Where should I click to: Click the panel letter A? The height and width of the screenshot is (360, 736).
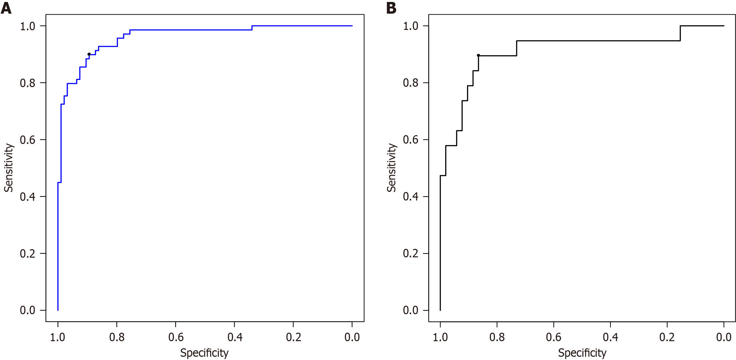tap(6, 8)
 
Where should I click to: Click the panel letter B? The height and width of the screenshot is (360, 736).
tap(391, 8)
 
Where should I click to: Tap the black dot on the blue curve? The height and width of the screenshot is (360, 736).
tap(89, 54)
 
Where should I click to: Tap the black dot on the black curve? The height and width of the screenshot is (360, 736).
tap(478, 56)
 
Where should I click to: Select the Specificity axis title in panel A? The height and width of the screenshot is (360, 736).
tap(204, 353)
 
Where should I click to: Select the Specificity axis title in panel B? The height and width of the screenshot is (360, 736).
tap(582, 353)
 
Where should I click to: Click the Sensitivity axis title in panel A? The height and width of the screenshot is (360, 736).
tap(9, 168)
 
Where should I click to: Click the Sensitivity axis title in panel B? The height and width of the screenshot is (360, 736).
tap(392, 168)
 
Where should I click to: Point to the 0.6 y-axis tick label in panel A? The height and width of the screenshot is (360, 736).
tap(28, 140)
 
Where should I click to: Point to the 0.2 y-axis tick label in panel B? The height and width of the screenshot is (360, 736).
tap(410, 253)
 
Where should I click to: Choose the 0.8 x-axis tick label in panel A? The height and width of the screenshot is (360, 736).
tap(117, 337)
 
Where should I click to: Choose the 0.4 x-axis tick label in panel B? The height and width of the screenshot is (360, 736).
tap(610, 337)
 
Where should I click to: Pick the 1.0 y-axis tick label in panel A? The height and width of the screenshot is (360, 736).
tap(28, 26)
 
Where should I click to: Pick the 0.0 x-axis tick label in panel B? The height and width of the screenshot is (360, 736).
tap(724, 337)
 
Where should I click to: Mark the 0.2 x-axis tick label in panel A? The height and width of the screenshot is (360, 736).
tap(293, 337)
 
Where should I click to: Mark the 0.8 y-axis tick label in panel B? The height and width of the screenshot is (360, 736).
tap(410, 83)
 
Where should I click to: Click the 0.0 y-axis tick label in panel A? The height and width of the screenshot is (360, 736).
tap(28, 310)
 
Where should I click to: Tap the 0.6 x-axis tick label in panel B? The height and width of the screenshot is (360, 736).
tap(553, 337)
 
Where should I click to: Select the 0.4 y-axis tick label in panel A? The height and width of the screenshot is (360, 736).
tap(28, 197)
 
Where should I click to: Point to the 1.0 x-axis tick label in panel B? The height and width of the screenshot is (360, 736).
tap(440, 337)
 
